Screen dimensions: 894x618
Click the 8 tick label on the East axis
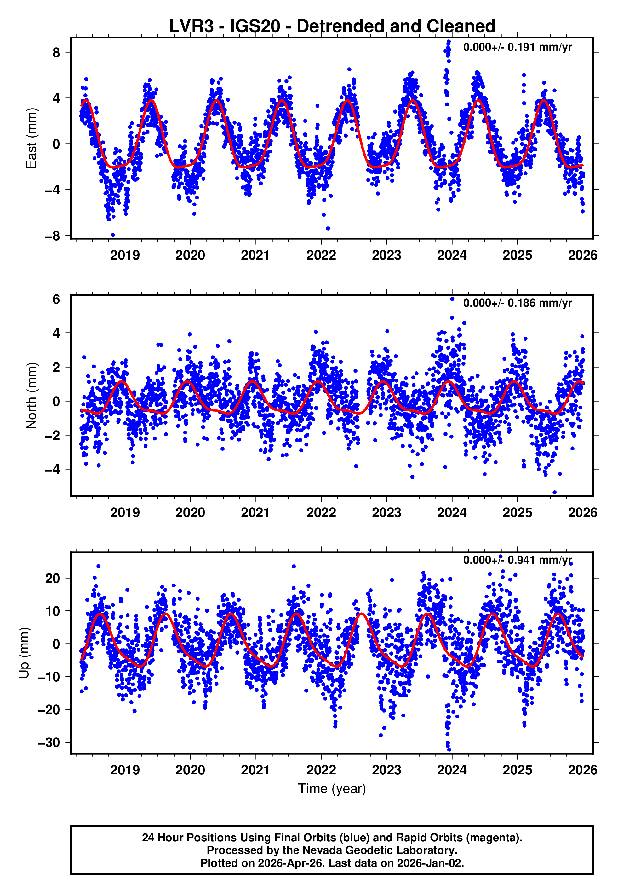click(56, 52)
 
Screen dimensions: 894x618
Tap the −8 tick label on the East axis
click(53, 236)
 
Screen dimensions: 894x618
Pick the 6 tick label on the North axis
click(56, 299)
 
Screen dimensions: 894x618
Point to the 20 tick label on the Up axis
click(53, 579)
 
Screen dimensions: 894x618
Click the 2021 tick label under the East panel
click(255, 255)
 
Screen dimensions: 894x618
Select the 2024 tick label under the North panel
click(452, 513)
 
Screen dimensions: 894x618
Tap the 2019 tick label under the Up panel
click(125, 770)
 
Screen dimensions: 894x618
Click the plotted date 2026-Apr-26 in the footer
click(289, 863)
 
